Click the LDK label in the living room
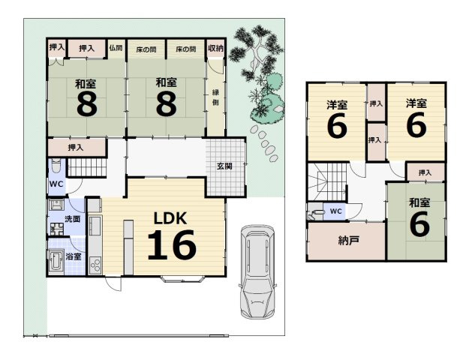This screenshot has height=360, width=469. (170, 218)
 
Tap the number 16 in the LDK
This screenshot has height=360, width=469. (172, 245)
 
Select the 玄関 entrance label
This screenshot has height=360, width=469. (224, 166)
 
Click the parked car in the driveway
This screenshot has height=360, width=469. (257, 271)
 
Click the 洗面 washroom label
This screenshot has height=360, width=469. (72, 219)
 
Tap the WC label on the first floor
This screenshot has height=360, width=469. (56, 184)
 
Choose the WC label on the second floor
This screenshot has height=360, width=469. (335, 211)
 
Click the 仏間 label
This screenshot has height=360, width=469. (116, 48)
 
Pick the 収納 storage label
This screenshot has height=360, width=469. (215, 49)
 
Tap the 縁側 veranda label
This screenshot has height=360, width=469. (215, 97)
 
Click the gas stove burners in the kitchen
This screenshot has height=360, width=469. (96, 265)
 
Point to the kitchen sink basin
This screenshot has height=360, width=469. (95, 226)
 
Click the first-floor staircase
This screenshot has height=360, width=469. (87, 167)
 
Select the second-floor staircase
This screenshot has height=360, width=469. (327, 181)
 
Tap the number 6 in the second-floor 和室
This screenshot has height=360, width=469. (419, 223)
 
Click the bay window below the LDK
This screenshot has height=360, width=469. (182, 280)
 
